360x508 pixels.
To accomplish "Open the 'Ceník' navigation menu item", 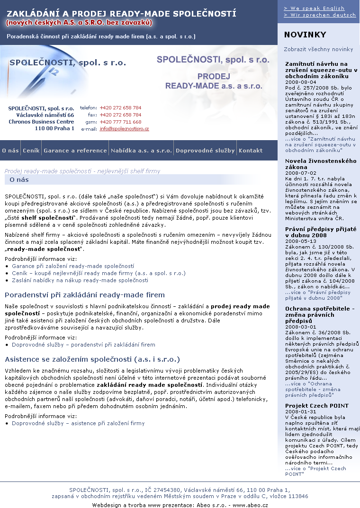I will point(31,151).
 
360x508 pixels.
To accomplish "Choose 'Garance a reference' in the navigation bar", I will point(75,151).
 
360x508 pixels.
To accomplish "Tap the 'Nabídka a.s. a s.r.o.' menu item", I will point(141,151).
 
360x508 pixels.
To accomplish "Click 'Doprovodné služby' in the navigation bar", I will point(205,151).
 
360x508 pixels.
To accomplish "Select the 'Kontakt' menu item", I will point(251,151).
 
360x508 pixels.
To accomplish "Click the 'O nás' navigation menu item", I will point(10,151).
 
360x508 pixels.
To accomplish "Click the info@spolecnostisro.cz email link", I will point(124,129).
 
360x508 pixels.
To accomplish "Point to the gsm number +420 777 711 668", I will point(120,122).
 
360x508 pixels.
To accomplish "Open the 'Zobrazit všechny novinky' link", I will point(318,49).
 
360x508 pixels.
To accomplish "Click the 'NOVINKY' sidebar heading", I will point(305,35).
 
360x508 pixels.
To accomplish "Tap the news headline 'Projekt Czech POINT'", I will point(317,406).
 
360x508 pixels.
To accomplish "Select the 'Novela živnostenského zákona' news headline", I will point(320,164).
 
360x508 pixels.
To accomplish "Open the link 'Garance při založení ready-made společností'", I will point(73,266).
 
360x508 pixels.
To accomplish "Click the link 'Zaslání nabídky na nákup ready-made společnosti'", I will point(80,280).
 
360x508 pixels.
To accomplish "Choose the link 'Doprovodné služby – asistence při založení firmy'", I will point(78,423).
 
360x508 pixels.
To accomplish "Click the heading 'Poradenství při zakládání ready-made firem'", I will point(85,295).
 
